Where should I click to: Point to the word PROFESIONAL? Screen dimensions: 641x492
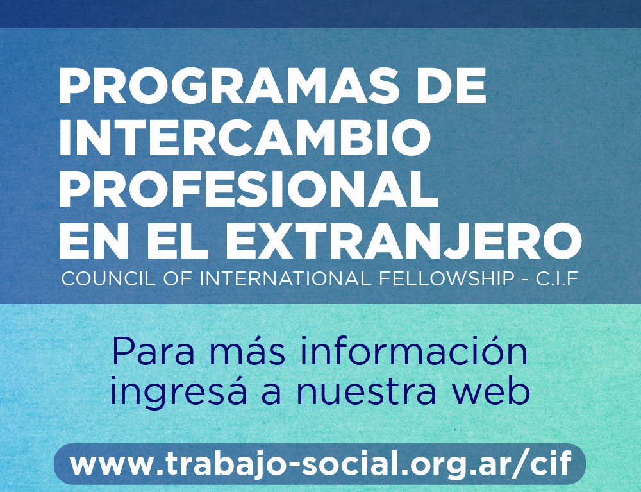(249, 189)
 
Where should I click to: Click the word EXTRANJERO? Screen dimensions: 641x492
(403, 241)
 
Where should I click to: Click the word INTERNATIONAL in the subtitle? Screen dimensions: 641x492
(285, 279)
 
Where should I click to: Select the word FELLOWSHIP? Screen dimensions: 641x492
(446, 279)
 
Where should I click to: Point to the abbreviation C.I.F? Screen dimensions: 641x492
(557, 279)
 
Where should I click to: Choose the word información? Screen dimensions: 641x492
(413, 351)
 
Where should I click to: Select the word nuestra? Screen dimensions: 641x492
(365, 391)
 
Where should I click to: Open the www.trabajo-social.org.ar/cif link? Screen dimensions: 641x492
(320, 464)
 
